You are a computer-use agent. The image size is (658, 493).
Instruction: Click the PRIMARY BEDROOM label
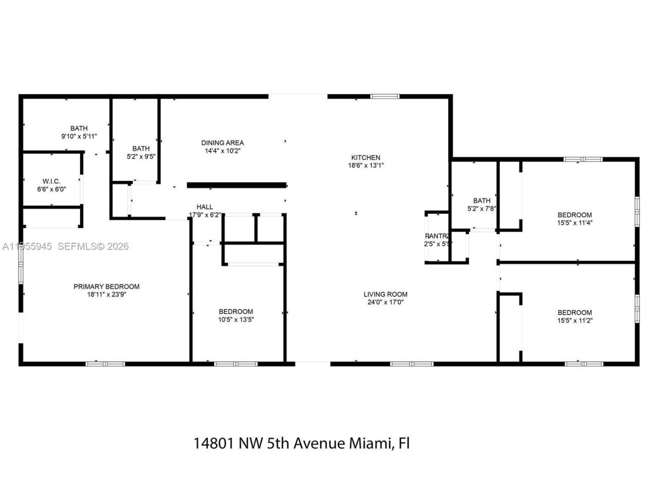click(x=106, y=287)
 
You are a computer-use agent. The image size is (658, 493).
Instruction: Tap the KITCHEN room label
click(x=365, y=158)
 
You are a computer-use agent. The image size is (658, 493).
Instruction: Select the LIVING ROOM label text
click(x=386, y=294)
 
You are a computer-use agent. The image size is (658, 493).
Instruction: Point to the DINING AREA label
click(x=222, y=143)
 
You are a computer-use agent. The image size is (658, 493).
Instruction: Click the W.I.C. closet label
click(x=51, y=181)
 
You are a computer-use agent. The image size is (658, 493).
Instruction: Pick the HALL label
click(x=205, y=207)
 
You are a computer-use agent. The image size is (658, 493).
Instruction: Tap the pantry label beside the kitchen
click(x=437, y=236)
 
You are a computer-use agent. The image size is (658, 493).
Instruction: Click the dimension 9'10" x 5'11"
click(x=79, y=137)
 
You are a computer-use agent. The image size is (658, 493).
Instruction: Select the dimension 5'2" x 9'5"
click(x=141, y=157)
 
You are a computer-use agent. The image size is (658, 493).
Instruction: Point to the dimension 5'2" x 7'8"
click(x=482, y=208)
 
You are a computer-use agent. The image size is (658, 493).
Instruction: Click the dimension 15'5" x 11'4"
click(x=575, y=223)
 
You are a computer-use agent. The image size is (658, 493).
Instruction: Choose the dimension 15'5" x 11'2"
click(x=575, y=320)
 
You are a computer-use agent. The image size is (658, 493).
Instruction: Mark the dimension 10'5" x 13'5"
click(x=236, y=319)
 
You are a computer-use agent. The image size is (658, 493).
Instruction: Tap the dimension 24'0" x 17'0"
click(x=386, y=302)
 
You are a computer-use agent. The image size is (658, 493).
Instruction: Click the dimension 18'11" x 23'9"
click(x=106, y=295)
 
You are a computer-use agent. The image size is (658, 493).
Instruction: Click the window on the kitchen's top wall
click(x=385, y=96)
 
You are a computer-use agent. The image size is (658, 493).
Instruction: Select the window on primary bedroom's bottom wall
click(x=105, y=364)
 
